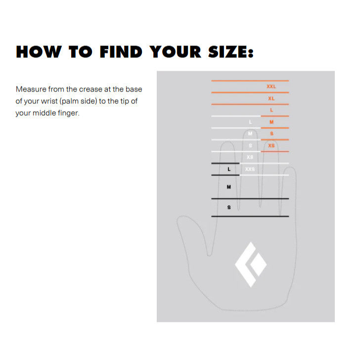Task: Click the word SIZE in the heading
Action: click(x=231, y=51)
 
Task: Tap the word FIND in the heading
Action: click(x=121, y=51)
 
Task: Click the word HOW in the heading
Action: click(x=39, y=51)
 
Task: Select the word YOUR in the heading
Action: click(x=176, y=51)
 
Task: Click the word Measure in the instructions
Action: click(x=31, y=89)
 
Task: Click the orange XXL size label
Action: click(x=271, y=87)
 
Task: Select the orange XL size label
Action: click(x=271, y=98)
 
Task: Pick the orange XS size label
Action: click(x=271, y=145)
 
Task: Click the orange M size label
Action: click(x=271, y=122)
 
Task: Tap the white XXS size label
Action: click(x=250, y=169)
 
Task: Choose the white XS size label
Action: click(x=250, y=157)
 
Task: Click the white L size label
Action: click(x=251, y=122)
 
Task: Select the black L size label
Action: click(x=229, y=169)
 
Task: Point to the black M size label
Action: click(x=229, y=187)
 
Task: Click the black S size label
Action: click(x=229, y=207)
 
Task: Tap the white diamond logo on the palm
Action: click(x=251, y=264)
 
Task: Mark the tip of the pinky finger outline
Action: click(x=290, y=167)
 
